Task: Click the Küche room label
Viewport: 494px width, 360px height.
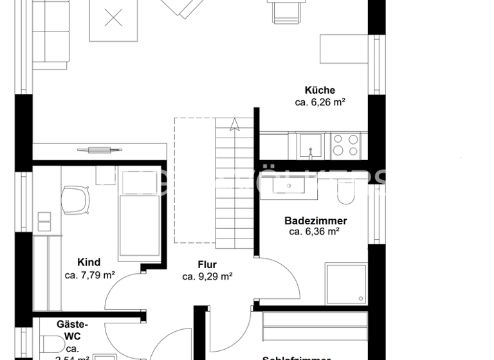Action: [320, 91]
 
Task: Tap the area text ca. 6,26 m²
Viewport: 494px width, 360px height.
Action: [320, 102]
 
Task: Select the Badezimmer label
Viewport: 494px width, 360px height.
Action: [315, 221]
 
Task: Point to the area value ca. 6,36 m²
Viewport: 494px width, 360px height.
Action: [315, 232]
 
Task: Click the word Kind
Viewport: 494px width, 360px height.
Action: [89, 262]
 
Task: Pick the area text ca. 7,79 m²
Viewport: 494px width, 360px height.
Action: [90, 274]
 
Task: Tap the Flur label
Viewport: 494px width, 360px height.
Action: [207, 265]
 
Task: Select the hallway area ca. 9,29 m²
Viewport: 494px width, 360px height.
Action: [207, 276]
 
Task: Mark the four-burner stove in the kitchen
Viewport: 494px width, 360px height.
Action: [345, 144]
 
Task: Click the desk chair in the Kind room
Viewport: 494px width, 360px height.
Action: [76, 199]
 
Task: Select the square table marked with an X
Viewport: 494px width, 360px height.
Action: [114, 19]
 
